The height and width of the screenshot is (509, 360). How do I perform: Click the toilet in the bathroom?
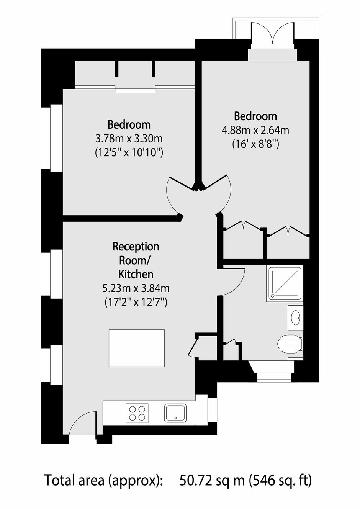point(290,344)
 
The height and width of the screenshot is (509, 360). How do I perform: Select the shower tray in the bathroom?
point(285,283)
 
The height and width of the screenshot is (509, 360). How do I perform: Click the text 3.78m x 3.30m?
point(129,139)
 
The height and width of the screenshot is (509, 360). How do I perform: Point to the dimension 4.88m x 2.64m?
point(255,131)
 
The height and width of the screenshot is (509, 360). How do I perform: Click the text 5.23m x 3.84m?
point(136,288)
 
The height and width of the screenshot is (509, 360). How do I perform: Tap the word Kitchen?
point(136,275)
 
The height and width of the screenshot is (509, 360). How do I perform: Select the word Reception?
point(136,247)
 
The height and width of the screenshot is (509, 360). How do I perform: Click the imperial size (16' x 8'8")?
point(255,144)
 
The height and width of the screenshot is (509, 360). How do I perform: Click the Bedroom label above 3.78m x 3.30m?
point(129,125)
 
